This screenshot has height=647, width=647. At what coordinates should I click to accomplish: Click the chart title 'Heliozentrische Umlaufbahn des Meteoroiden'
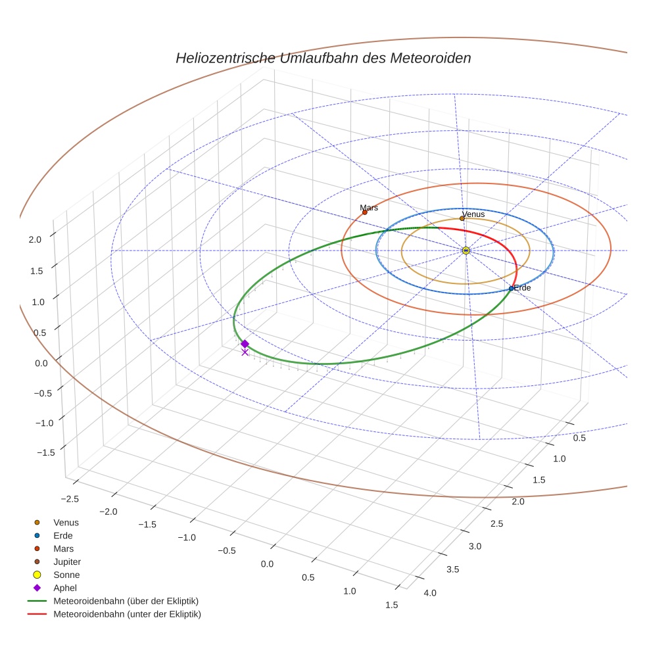tap(323, 58)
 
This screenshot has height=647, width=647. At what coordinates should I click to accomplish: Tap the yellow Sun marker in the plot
tap(466, 251)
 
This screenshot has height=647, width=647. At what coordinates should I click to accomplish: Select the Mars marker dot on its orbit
tap(365, 212)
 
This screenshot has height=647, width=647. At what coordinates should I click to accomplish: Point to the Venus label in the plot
tap(473, 214)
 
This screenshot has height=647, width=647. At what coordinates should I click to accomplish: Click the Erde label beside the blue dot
tap(522, 288)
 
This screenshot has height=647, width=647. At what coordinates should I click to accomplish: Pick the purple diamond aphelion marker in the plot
tap(245, 344)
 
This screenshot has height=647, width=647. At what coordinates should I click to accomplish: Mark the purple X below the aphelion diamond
tap(245, 352)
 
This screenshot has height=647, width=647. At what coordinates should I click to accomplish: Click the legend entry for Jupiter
tap(67, 562)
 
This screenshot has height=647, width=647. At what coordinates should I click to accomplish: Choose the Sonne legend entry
tap(66, 575)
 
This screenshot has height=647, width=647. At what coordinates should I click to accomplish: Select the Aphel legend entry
tap(65, 588)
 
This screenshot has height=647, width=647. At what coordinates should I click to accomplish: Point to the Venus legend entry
tap(66, 522)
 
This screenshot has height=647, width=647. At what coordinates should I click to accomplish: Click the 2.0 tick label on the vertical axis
tap(35, 240)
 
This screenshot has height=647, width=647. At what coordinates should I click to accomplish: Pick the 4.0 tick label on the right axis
tap(430, 593)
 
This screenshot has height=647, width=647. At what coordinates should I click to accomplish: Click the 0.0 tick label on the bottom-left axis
tap(267, 564)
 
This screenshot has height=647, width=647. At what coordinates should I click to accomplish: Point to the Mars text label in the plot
tap(369, 208)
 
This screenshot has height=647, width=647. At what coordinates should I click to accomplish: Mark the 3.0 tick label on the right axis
tap(475, 546)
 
